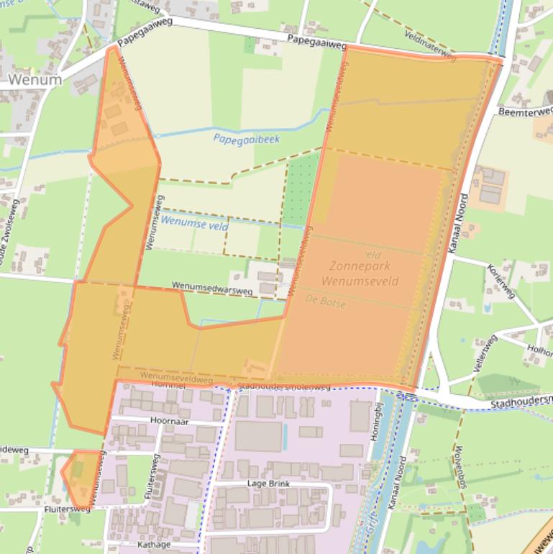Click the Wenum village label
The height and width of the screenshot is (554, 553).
click(x=35, y=80)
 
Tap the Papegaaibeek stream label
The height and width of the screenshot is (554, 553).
click(x=246, y=139)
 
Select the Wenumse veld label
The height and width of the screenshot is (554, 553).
click(x=195, y=224)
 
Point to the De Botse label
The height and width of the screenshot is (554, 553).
click(x=325, y=301)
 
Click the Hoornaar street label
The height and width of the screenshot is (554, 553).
click(x=170, y=421)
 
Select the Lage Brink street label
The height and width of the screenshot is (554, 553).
click(x=269, y=484)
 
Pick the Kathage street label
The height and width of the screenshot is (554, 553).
click(x=154, y=545)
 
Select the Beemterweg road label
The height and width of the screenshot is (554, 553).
click(x=525, y=112)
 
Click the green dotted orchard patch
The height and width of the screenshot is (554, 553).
click(x=301, y=189)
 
